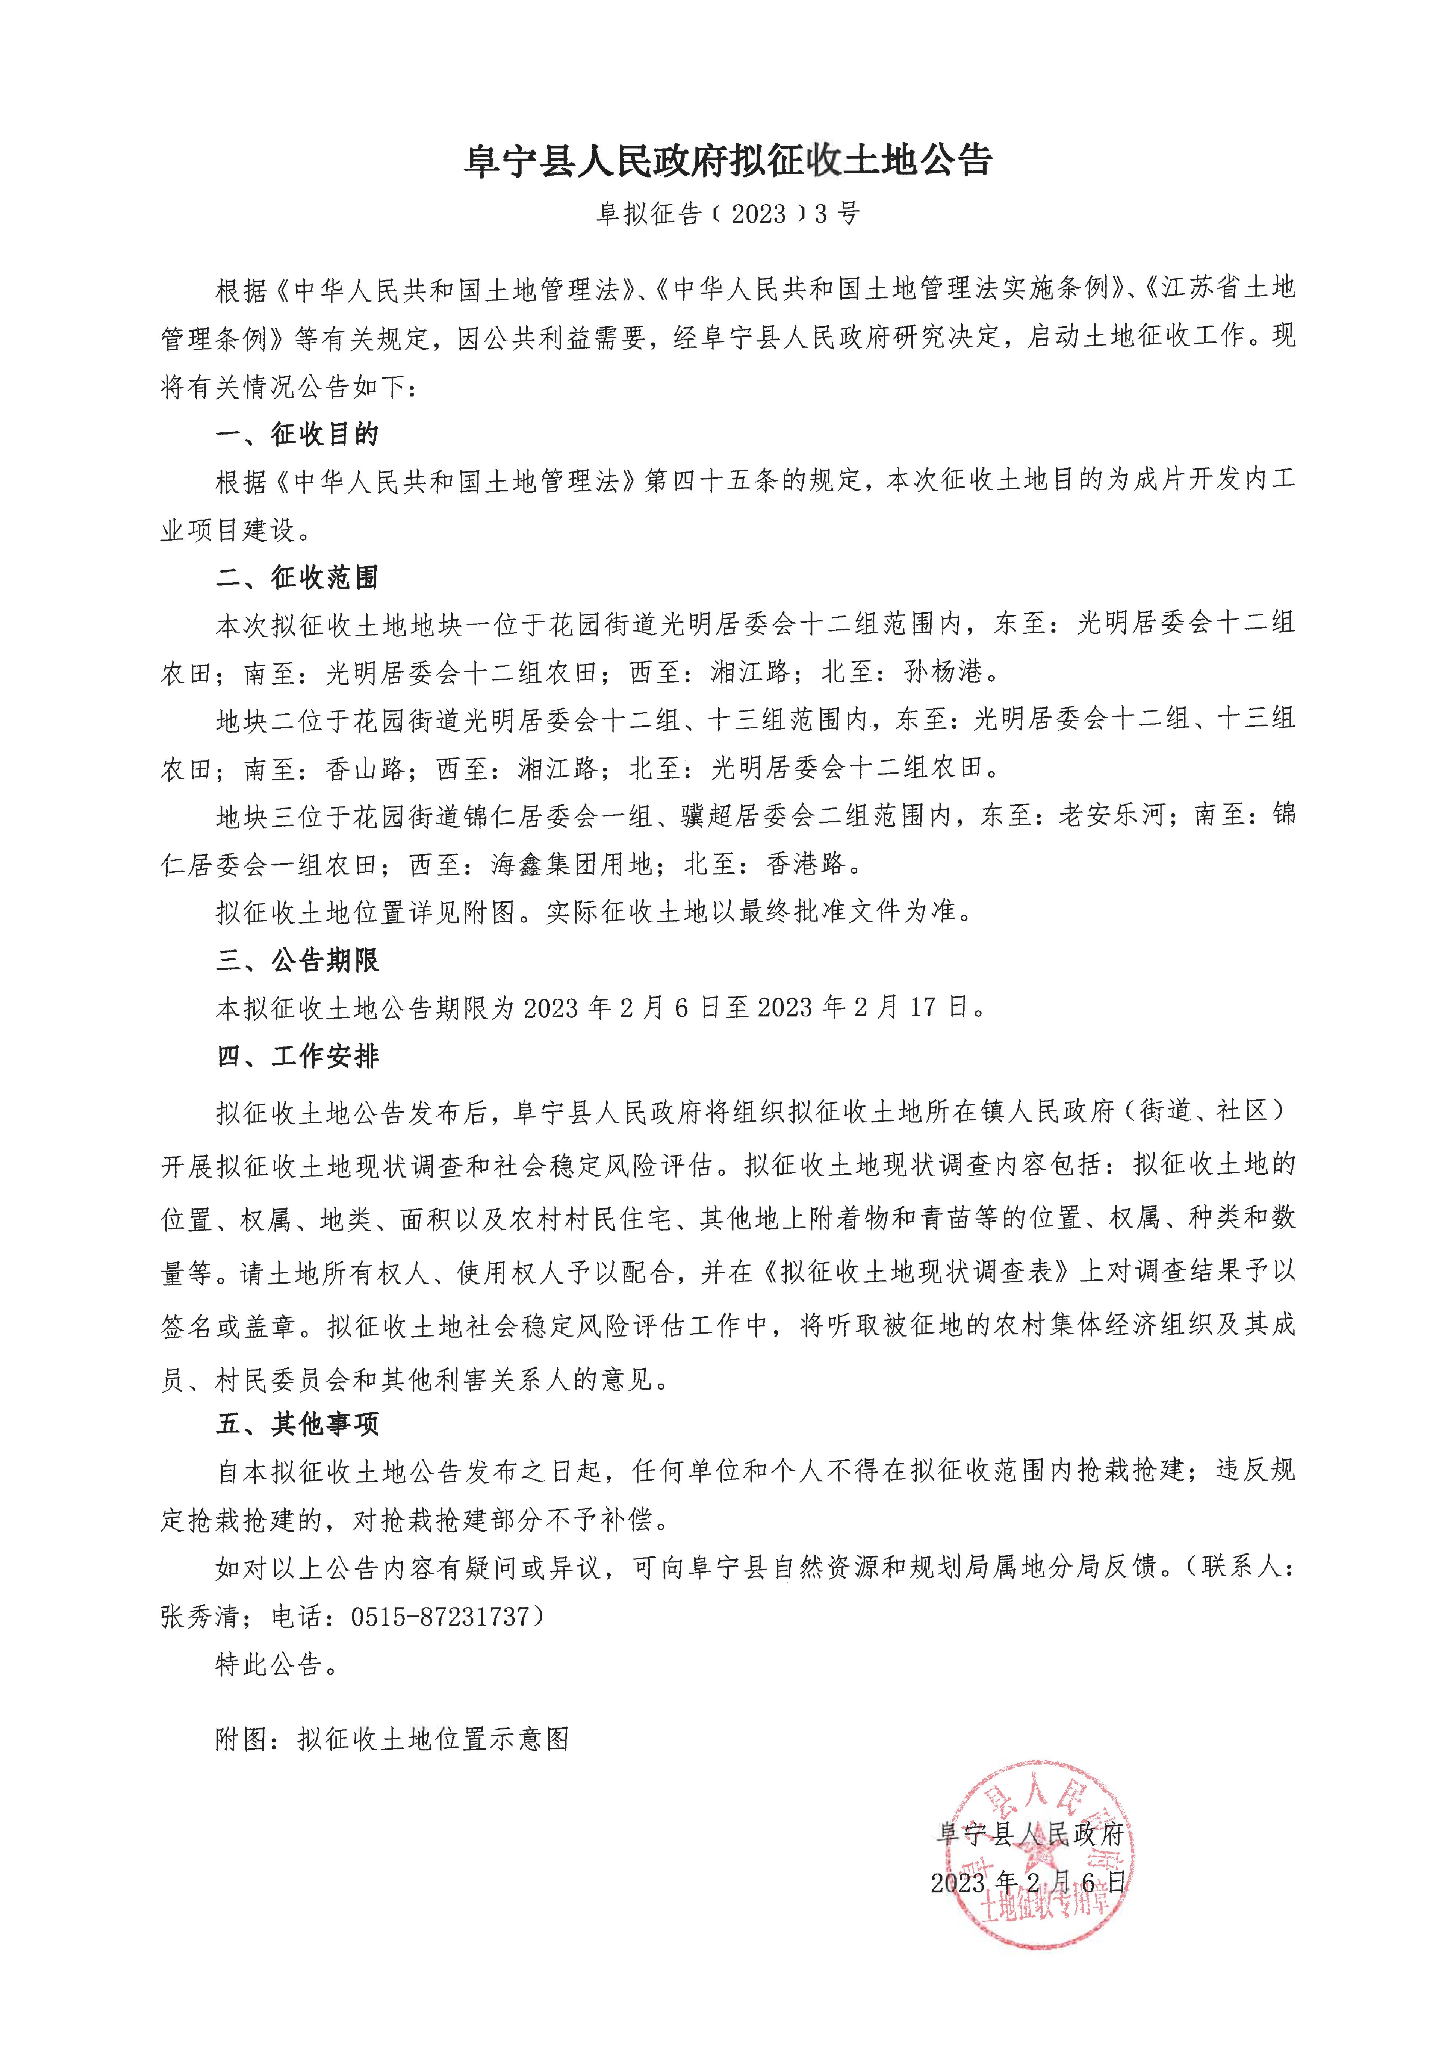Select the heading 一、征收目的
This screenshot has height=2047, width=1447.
[x=298, y=435]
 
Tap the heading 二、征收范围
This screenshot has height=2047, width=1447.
[x=298, y=578]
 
